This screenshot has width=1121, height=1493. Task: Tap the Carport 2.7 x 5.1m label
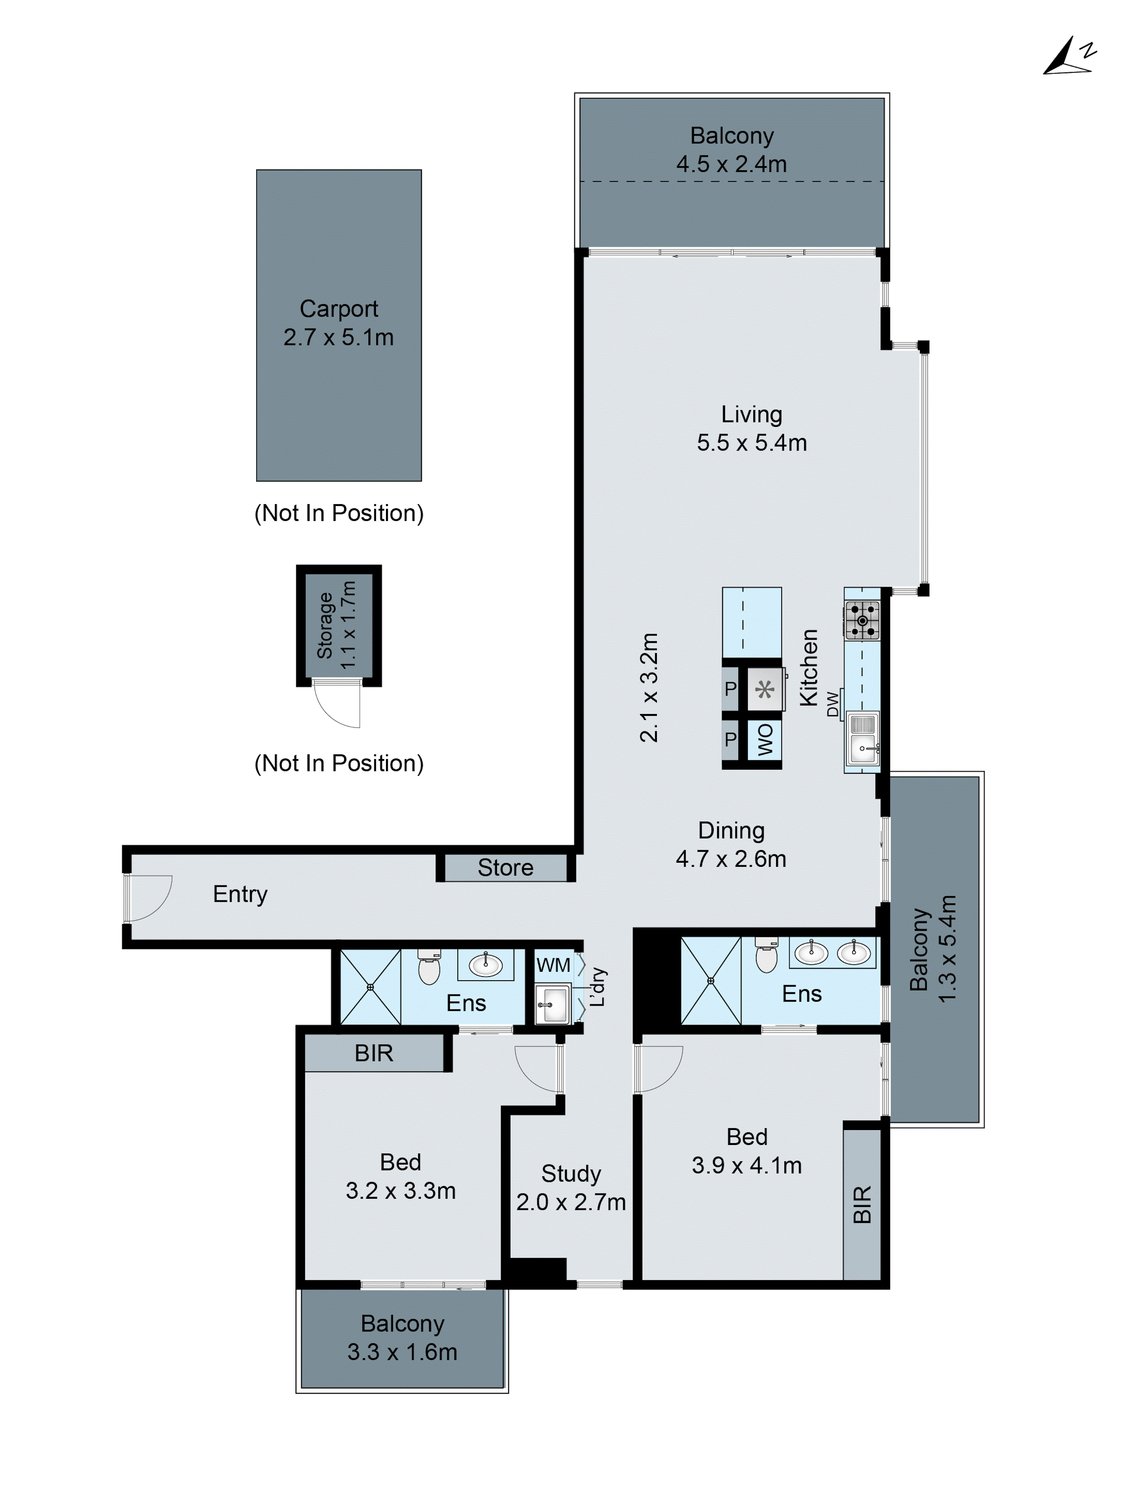click(x=338, y=323)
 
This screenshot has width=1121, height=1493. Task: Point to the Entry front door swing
click(x=149, y=898)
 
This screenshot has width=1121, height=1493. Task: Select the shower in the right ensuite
click(x=710, y=981)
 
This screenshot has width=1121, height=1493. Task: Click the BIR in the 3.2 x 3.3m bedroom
click(x=373, y=1053)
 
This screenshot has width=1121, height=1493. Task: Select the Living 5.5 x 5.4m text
click(x=751, y=428)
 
